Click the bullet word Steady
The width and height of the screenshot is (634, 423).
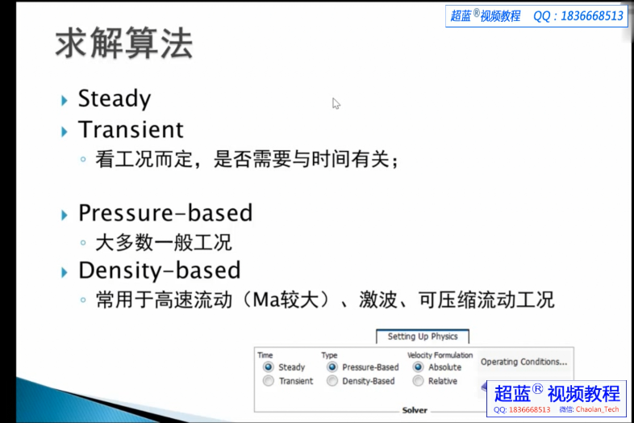(114, 99)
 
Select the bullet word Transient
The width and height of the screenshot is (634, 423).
(131, 130)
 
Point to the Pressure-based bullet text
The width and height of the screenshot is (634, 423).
(165, 213)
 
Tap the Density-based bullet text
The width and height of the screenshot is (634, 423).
(159, 270)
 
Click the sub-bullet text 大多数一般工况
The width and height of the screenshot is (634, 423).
(164, 242)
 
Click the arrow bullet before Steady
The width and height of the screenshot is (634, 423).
(65, 100)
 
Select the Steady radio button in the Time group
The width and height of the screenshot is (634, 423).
(269, 367)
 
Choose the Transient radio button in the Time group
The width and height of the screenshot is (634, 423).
(269, 381)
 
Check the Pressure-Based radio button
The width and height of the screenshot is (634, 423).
(332, 367)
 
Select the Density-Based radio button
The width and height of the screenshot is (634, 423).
(332, 381)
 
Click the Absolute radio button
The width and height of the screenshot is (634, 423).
(418, 367)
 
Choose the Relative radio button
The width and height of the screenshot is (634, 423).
(418, 381)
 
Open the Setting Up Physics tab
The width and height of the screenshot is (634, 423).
(422, 337)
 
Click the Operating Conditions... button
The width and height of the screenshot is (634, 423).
(523, 362)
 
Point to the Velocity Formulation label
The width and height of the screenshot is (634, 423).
(440, 355)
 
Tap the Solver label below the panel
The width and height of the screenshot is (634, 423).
(415, 410)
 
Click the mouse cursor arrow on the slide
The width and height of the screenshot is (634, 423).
(336, 103)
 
